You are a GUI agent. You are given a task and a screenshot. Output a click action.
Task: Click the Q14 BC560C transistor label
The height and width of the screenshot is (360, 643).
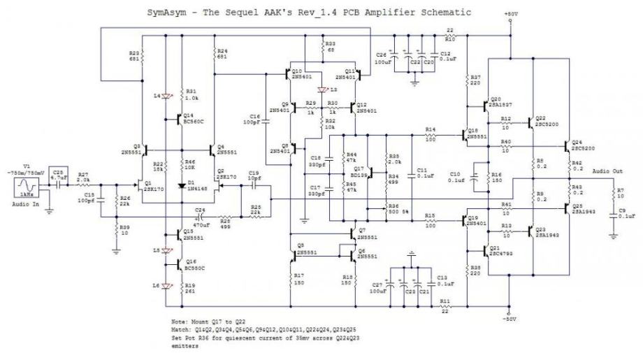[194, 119]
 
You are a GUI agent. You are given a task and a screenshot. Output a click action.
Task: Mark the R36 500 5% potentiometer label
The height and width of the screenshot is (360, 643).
[399, 208]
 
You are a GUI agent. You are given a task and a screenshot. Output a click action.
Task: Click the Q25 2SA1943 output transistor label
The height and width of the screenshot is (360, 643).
[586, 208]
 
